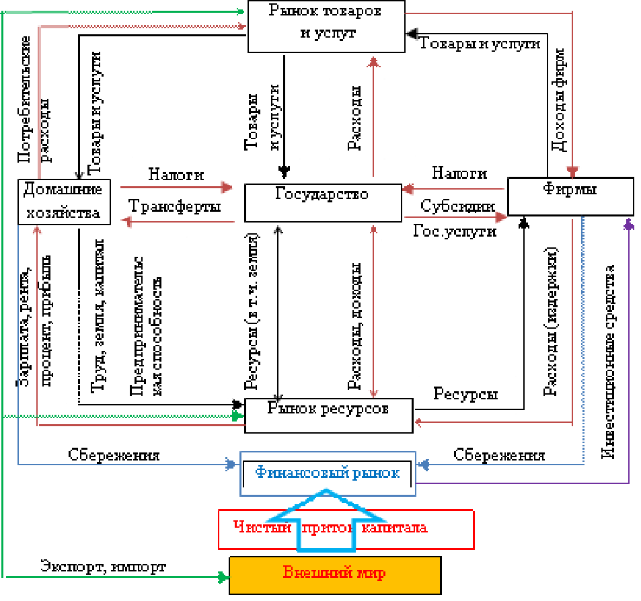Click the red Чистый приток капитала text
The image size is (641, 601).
point(345,528)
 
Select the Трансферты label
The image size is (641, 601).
point(174,207)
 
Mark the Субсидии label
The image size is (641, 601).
point(457,206)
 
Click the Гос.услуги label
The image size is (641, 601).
point(455,232)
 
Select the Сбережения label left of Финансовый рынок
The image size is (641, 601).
point(114,455)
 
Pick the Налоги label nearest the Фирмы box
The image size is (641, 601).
point(459,173)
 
